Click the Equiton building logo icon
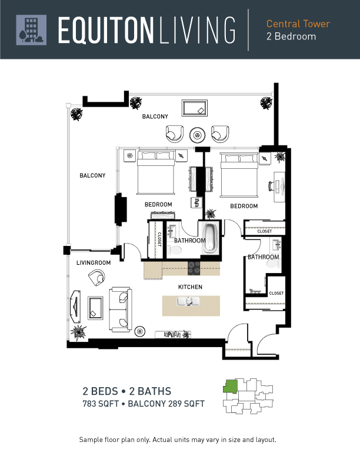click(x=31, y=30)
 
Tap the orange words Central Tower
click(x=298, y=24)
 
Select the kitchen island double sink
click(x=188, y=302)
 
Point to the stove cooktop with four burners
click(x=194, y=268)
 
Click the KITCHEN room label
click(x=190, y=287)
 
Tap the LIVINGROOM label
click(x=94, y=263)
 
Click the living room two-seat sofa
click(x=121, y=309)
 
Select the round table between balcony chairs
click(x=197, y=135)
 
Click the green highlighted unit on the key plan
click(x=231, y=387)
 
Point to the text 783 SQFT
click(x=101, y=404)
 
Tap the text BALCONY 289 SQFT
click(x=166, y=404)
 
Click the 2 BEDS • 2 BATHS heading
click(x=127, y=391)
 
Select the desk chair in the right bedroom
click(x=272, y=186)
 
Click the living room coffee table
click(x=95, y=308)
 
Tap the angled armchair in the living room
click(x=97, y=277)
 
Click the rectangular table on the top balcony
click(x=195, y=108)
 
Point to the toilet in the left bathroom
click(x=174, y=250)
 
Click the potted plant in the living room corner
click(x=78, y=331)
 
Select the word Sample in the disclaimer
click(x=91, y=440)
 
